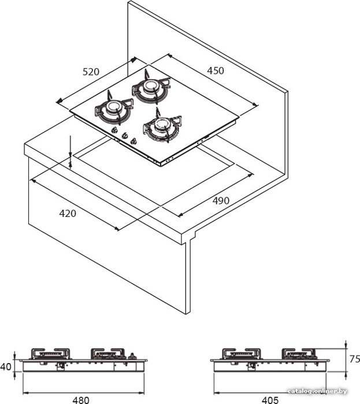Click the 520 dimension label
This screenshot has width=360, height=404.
click(91, 72)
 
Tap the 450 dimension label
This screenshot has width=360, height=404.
click(216, 70)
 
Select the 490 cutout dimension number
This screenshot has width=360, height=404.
click(221, 200)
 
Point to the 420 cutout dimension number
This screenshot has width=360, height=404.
click(68, 214)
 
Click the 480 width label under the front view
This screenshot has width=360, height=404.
click(81, 400)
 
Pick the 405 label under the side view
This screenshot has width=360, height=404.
click(270, 400)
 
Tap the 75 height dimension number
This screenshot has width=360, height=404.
click(355, 359)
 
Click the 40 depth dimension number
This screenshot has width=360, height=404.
click(6, 366)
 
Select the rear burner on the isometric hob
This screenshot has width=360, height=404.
click(151, 88)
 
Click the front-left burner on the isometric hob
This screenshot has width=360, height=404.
click(114, 109)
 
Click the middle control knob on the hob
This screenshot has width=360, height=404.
click(125, 136)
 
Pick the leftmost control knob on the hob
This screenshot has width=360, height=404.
click(114, 130)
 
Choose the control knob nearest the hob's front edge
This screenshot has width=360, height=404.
click(133, 141)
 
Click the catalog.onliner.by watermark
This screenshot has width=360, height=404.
click(317, 391)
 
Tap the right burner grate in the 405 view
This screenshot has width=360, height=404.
click(299, 353)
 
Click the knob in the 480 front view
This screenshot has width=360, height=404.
click(132, 356)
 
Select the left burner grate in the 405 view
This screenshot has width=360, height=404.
click(242, 354)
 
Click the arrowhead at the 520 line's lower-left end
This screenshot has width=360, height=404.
click(59, 101)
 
